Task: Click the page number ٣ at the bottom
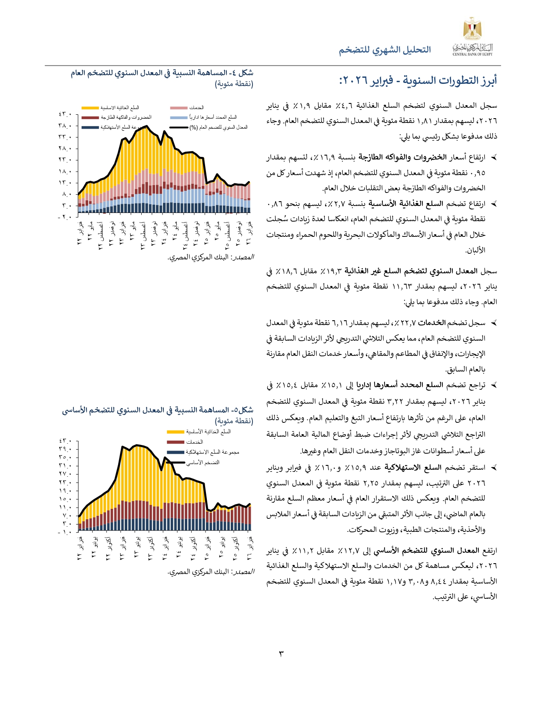click(x=281, y=653)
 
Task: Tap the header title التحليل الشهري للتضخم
click(x=385, y=50)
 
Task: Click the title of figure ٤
click(x=162, y=73)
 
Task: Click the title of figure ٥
click(x=157, y=410)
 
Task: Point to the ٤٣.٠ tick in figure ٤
click(x=65, y=115)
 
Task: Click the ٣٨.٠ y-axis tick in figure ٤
click(x=65, y=126)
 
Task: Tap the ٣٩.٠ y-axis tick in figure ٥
click(x=65, y=449)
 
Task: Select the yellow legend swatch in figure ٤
click(x=90, y=108)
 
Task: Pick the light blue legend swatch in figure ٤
click(x=179, y=117)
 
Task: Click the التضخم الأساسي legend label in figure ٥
click(x=203, y=462)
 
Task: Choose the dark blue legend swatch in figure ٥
click(x=176, y=452)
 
